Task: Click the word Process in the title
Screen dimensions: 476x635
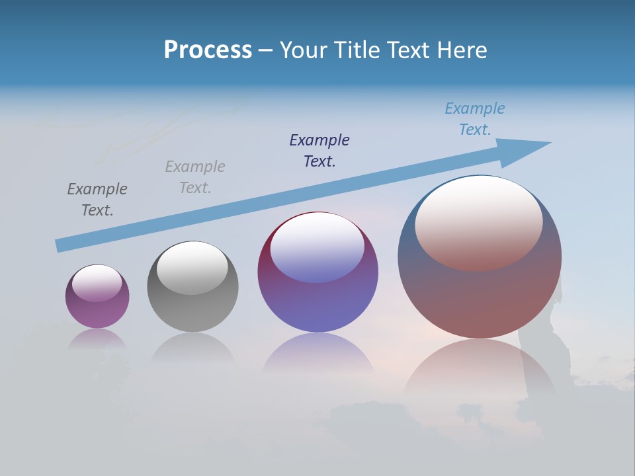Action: point(208,50)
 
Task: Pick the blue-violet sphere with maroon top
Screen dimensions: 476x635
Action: point(317,304)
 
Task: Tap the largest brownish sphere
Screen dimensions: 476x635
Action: point(480,297)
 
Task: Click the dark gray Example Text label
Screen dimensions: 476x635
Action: point(97,200)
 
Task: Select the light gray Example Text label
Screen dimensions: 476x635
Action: point(195,177)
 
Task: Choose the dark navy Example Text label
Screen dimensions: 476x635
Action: point(319,150)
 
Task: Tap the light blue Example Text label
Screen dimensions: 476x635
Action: point(475,119)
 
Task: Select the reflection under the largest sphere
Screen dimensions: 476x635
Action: point(480,370)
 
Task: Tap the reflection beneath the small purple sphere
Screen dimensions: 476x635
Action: point(97,339)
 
